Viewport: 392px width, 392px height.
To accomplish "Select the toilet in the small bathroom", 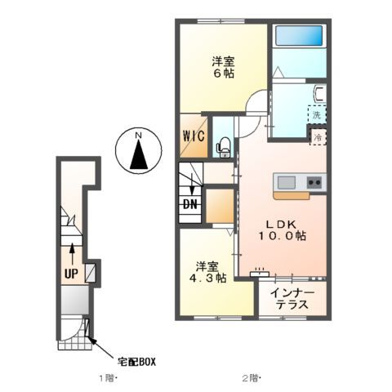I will point(222,147).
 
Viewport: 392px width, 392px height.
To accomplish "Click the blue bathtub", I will point(298,37).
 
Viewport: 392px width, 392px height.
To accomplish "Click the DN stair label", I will point(189,204).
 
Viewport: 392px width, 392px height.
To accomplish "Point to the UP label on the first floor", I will point(71,274).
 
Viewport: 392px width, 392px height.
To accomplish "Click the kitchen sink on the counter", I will point(287,182).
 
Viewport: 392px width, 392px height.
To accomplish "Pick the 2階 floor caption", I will point(250,378).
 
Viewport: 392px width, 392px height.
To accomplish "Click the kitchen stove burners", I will point(314,182).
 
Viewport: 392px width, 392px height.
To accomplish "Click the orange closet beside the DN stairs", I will point(218,206).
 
